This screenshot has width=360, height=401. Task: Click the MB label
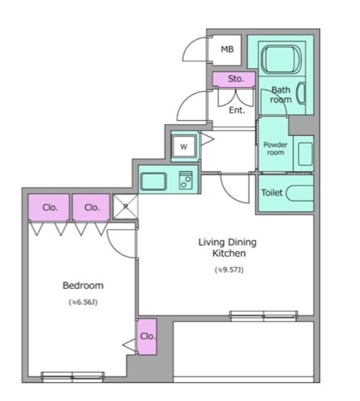point(227,49)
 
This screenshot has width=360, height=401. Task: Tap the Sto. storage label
point(236,78)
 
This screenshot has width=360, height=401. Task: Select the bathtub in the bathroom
point(281,59)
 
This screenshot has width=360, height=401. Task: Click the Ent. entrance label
point(237,110)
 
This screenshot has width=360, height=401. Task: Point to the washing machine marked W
point(184,146)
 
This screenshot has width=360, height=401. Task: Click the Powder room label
point(275,149)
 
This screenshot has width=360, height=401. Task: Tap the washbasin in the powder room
point(305,154)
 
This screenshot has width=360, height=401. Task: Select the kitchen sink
point(153,181)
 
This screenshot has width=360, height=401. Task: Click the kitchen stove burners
point(186,181)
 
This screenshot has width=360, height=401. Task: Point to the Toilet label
point(272,192)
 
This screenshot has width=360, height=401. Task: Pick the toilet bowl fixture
point(300,193)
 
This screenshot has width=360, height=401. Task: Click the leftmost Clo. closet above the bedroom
point(49,207)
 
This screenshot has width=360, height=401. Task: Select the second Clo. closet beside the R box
point(91,207)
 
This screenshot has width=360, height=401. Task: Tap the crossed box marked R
point(125,207)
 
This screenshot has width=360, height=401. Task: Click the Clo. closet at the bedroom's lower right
point(147,336)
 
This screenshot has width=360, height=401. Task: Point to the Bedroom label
point(83,285)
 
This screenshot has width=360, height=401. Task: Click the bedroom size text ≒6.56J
point(83,302)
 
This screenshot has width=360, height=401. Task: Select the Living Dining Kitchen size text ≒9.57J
point(229,270)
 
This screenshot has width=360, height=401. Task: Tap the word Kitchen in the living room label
point(229,253)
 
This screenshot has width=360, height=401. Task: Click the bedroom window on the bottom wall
point(73,377)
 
